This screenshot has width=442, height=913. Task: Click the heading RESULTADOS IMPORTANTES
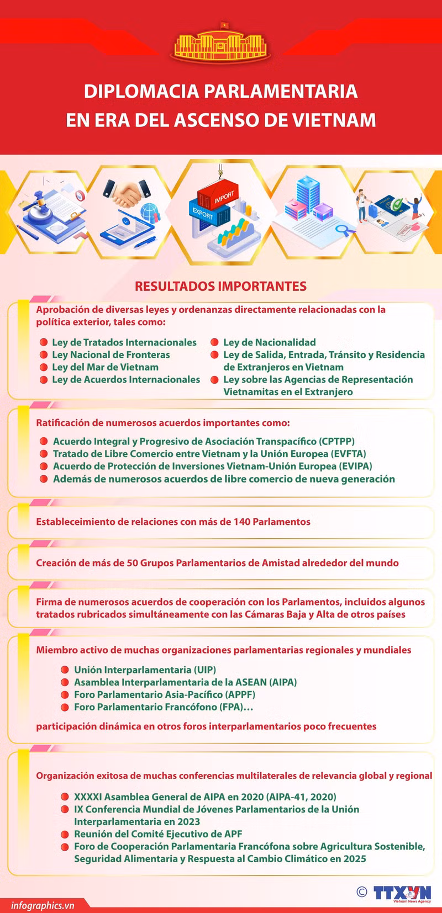[x=220, y=286]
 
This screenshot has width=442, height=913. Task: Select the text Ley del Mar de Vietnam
[x=105, y=367]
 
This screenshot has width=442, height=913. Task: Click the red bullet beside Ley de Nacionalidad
[x=214, y=343]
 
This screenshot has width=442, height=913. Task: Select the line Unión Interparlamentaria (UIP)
[x=145, y=670]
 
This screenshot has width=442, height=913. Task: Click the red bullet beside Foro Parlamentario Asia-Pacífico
[x=65, y=695]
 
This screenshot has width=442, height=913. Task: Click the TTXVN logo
[x=402, y=893]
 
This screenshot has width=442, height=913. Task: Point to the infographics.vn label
[x=43, y=905]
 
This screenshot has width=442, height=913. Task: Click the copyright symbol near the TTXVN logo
[x=362, y=891]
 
